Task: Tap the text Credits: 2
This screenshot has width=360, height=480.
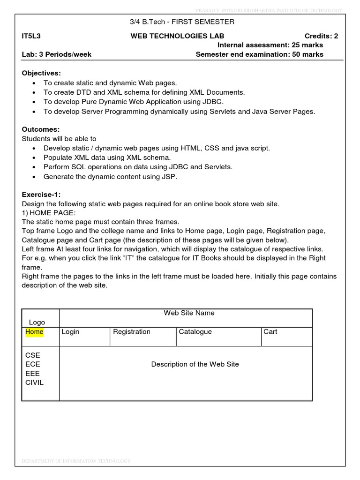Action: (321, 36)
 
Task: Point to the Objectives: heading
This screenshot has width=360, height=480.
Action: (41, 73)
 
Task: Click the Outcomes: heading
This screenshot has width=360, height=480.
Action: (41, 129)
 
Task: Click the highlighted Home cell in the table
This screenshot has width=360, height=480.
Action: (34, 332)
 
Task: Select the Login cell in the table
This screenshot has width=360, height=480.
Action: (70, 332)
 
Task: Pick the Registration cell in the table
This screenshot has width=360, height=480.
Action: (132, 332)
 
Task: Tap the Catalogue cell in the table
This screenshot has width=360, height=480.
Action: (195, 332)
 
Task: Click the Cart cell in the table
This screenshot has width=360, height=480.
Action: (270, 332)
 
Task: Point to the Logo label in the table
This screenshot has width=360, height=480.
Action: (37, 322)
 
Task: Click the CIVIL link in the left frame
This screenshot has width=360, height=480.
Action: (34, 382)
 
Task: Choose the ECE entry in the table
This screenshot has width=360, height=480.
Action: (33, 364)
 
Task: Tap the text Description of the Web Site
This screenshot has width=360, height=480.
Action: (195, 364)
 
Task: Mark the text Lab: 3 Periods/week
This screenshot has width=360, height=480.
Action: (57, 54)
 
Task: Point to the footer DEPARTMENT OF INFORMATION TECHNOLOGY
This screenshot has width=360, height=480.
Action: (76, 461)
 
